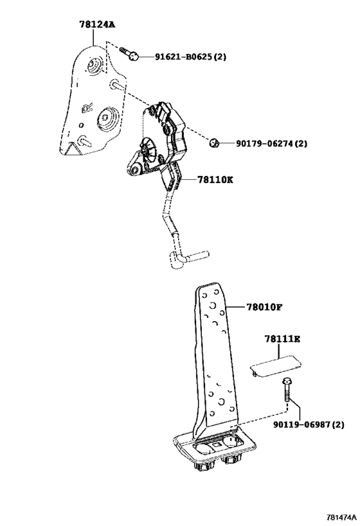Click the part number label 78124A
(97, 24)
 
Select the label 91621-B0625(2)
(190, 57)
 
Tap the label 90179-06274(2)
(271, 144)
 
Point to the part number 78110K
(215, 180)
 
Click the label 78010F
(265, 307)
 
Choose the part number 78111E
(282, 339)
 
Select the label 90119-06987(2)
(309, 425)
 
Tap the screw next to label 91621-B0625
(129, 54)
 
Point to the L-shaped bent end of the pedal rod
(188, 258)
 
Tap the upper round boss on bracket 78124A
(93, 66)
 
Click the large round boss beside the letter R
(107, 118)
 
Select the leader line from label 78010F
(236, 307)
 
